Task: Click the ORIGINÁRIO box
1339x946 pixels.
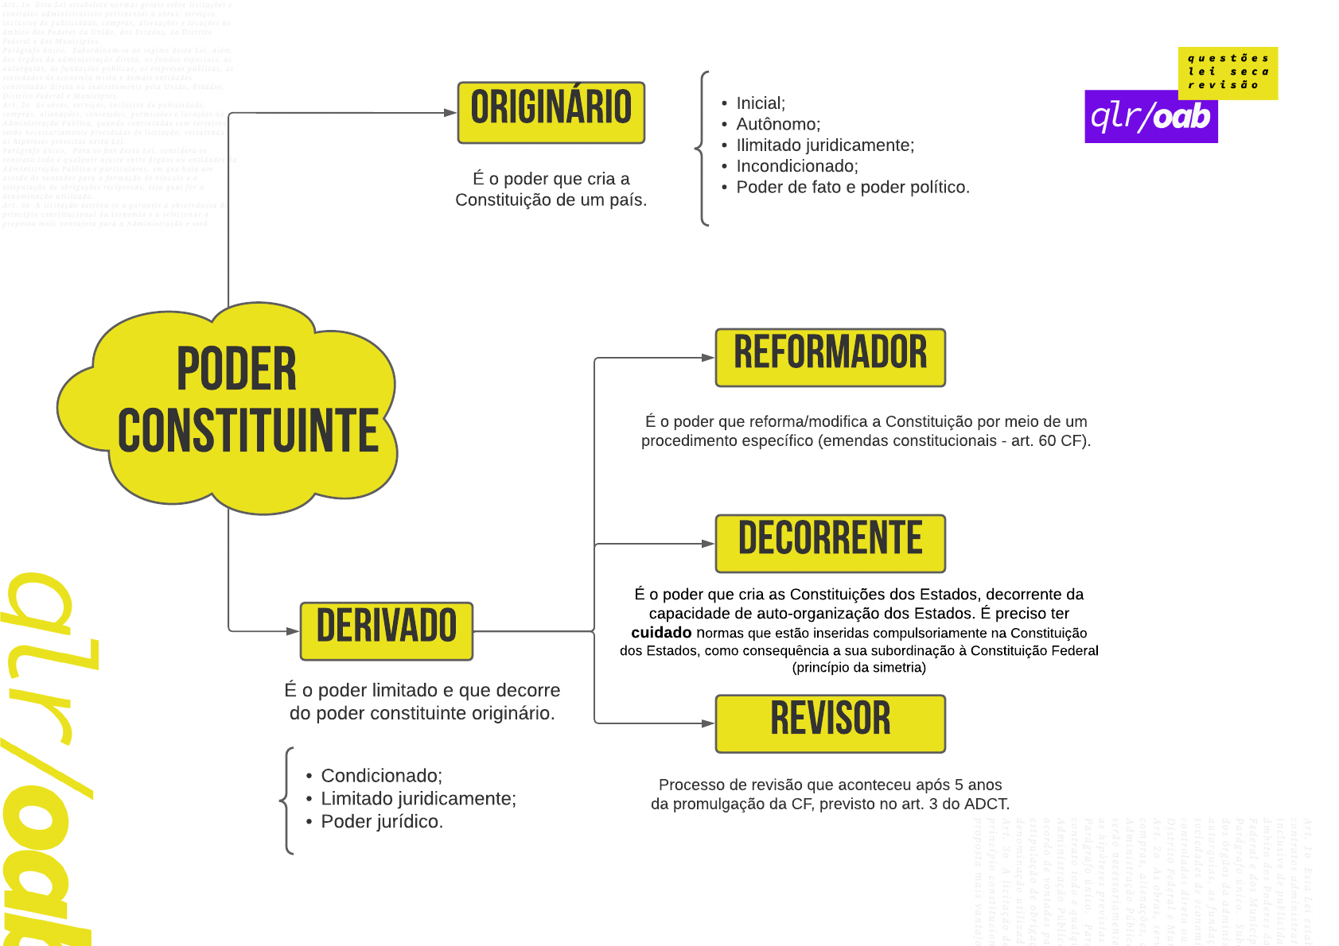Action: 551,112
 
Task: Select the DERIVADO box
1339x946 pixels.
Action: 387,631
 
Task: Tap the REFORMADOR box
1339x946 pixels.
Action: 830,358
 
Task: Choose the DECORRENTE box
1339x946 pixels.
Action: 830,544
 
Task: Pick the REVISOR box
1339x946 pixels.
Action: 830,723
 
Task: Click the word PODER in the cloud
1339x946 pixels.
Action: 236,370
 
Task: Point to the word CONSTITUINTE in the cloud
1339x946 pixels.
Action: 247,432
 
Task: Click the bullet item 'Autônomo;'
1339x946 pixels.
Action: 777,124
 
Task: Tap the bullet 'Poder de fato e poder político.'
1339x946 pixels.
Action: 852,188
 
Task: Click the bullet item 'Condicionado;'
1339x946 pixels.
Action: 381,776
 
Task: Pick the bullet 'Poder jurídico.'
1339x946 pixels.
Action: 381,822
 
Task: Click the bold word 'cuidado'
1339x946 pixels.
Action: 661,633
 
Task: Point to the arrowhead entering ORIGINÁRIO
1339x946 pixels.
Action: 450,113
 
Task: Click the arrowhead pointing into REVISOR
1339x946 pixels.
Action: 707,723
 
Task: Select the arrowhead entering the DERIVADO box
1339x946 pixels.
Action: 292,631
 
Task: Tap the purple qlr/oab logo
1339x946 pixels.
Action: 1150,118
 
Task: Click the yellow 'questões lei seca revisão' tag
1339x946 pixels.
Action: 1228,72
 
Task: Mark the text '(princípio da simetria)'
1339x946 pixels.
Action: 858,668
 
